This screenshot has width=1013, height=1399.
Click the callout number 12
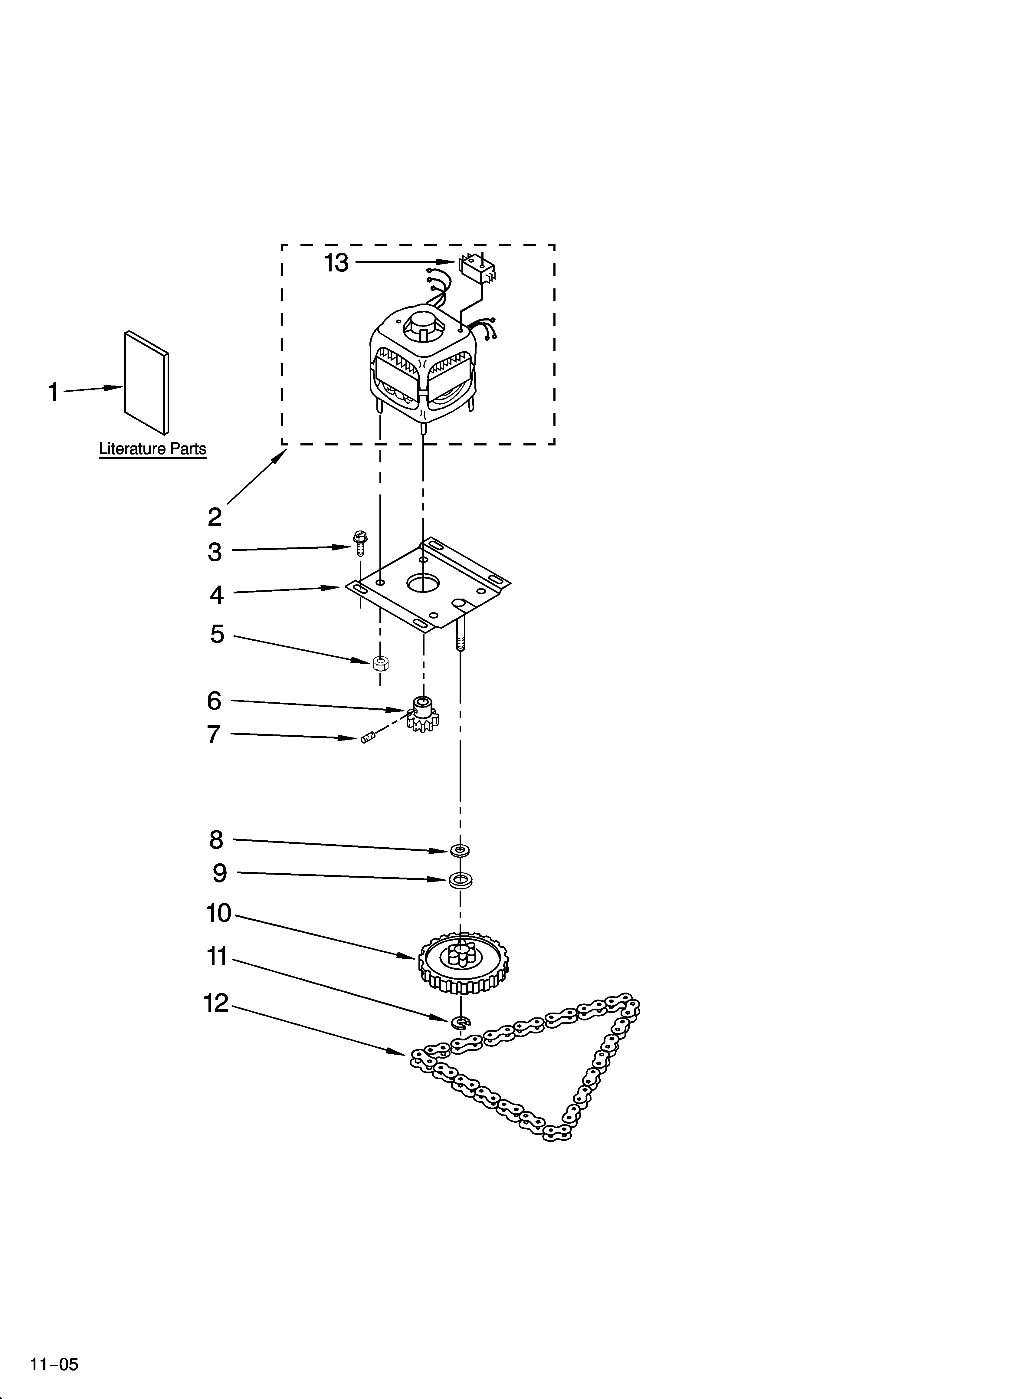[216, 1003]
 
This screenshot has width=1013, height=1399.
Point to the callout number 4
[216, 595]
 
